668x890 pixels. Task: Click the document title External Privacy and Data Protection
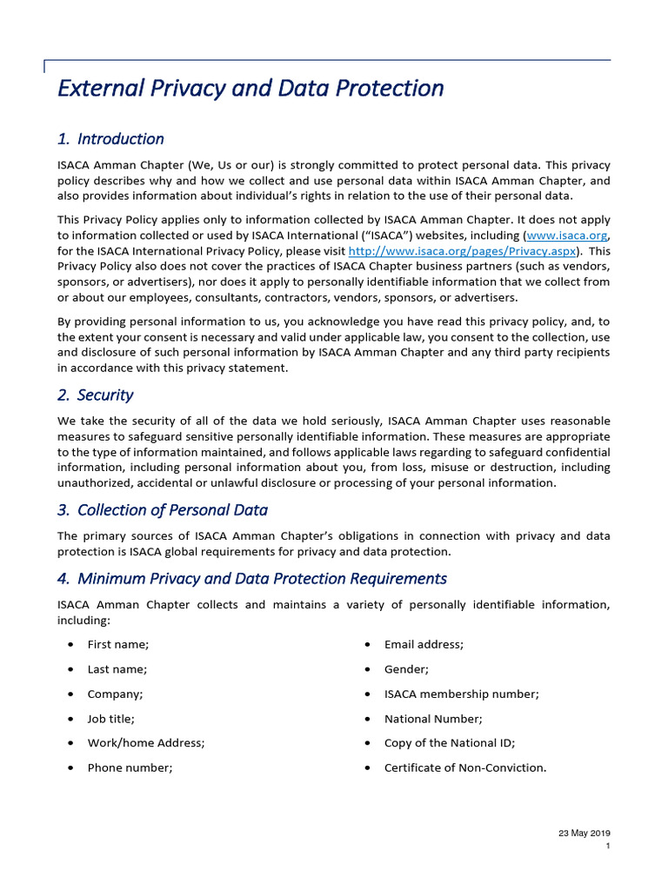point(250,89)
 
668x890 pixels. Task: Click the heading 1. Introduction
point(110,139)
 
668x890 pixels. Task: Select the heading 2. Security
point(95,395)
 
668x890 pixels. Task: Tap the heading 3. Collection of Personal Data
point(162,510)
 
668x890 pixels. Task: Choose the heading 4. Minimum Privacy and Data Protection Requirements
point(252,579)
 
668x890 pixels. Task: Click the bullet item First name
point(118,644)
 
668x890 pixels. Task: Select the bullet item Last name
point(117,669)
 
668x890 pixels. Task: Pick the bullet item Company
point(116,694)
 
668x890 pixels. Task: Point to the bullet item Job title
point(111,719)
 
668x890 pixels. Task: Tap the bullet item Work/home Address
point(146,743)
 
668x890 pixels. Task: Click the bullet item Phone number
point(130,768)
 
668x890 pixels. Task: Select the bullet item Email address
point(424,644)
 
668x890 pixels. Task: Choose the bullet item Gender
point(406,669)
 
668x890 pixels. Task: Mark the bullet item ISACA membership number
point(462,694)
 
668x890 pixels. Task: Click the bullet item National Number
point(433,719)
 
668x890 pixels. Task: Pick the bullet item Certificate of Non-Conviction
point(465,768)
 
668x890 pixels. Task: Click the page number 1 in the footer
point(607,847)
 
